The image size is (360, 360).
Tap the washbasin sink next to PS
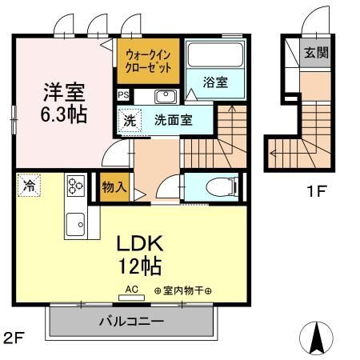[x=165, y=97]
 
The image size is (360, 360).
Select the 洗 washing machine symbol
[x=129, y=121]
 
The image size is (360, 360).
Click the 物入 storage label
[x=114, y=187]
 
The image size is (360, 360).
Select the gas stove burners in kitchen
[x=75, y=186]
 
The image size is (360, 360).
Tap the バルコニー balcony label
[x=131, y=322]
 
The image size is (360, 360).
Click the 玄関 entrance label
[x=314, y=54]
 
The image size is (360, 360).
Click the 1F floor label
[x=318, y=192]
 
